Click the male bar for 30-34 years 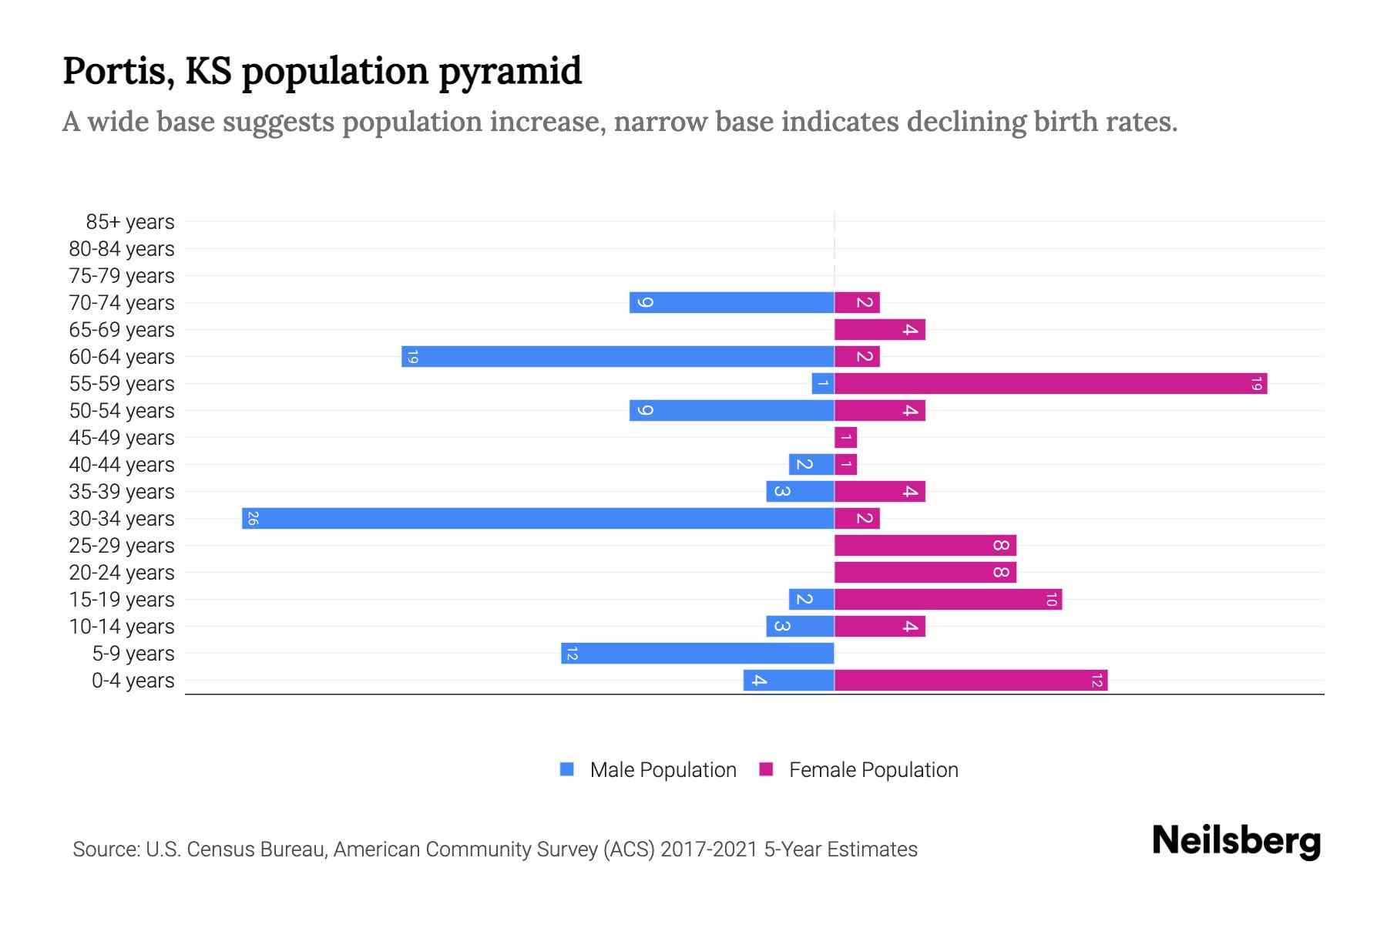pyautogui.click(x=538, y=518)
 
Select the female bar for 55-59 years pyautogui.click(x=1050, y=383)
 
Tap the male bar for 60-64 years pyautogui.click(x=617, y=356)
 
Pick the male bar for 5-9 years pyautogui.click(x=697, y=653)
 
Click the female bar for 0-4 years pyautogui.click(x=971, y=680)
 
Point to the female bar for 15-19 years pyautogui.click(x=948, y=599)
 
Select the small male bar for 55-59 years pyautogui.click(x=823, y=383)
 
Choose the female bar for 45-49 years pyautogui.click(x=845, y=437)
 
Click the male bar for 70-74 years pyautogui.click(x=731, y=302)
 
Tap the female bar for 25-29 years pyautogui.click(x=925, y=545)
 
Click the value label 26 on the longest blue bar pyautogui.click(x=253, y=518)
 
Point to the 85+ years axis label pyautogui.click(x=129, y=222)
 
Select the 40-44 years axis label pyautogui.click(x=122, y=465)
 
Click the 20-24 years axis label pyautogui.click(x=122, y=573)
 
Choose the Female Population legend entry pyautogui.click(x=859, y=769)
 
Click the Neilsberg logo pyautogui.click(x=1236, y=841)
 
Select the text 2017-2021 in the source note pyautogui.click(x=709, y=849)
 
